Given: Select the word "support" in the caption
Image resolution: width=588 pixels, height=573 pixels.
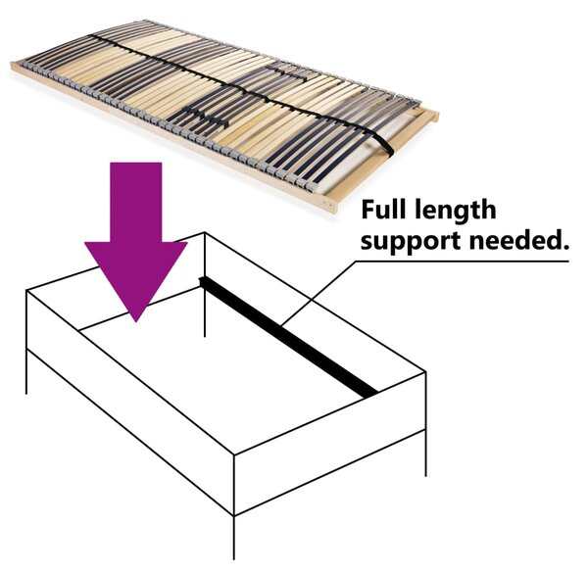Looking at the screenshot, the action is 412,241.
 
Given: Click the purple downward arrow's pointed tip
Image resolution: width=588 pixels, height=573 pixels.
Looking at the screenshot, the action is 136,321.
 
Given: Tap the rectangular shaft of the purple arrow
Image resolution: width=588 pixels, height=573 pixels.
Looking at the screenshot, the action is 136,203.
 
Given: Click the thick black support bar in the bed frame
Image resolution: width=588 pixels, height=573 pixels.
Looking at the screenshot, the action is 288,336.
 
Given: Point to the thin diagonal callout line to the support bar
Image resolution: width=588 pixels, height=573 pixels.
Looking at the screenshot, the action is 318,292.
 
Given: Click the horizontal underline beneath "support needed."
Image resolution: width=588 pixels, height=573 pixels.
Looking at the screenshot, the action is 462,262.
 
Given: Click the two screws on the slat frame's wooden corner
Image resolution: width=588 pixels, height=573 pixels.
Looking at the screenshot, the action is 328,205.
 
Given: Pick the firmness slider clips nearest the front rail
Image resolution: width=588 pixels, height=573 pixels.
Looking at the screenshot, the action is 206,117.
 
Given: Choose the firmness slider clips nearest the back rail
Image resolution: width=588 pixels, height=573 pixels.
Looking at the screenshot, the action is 287,72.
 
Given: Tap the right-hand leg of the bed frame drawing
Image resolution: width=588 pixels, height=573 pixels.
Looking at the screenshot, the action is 425,454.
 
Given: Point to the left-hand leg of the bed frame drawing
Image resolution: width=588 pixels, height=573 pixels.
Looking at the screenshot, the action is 26,372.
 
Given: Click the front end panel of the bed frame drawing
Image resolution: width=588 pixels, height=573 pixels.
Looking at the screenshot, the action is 330,444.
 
